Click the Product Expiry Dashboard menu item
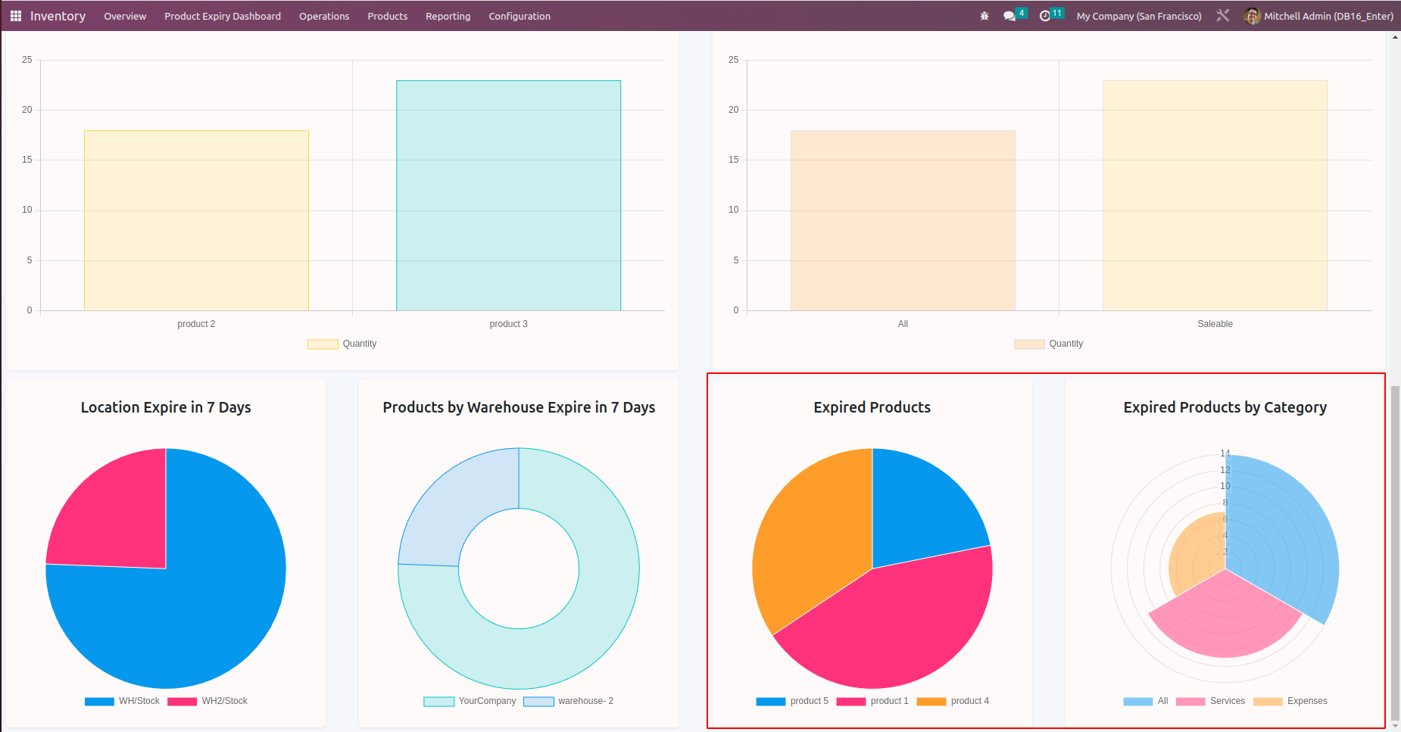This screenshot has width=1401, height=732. coord(223,16)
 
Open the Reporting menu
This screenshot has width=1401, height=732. coord(448,16)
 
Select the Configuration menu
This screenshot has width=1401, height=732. coord(520,16)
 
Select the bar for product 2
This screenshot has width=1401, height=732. coord(196,220)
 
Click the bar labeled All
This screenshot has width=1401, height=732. coord(903,220)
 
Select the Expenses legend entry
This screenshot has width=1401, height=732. coord(1290,701)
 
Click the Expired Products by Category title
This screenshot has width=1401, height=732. coord(1225,407)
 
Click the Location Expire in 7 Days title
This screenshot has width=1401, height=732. coord(166,407)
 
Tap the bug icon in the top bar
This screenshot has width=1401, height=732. coord(984,16)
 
